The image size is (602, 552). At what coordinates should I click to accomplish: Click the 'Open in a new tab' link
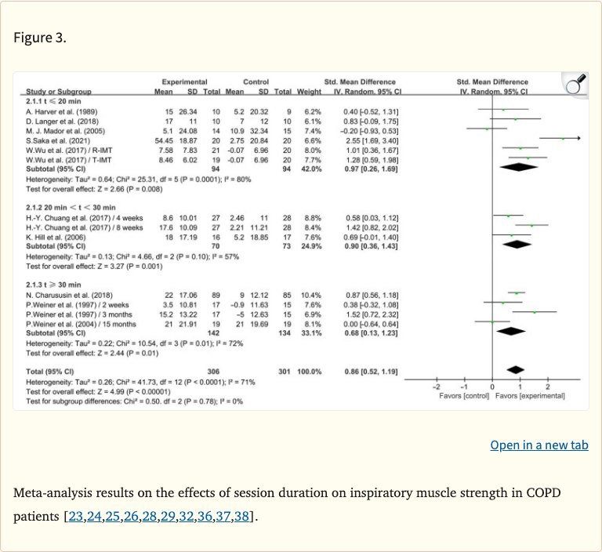[x=539, y=445]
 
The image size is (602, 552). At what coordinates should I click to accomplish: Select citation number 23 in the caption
[x=78, y=518]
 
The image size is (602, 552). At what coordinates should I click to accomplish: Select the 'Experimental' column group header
[x=184, y=82]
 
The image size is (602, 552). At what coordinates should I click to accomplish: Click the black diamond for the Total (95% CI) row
[x=515, y=369]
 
